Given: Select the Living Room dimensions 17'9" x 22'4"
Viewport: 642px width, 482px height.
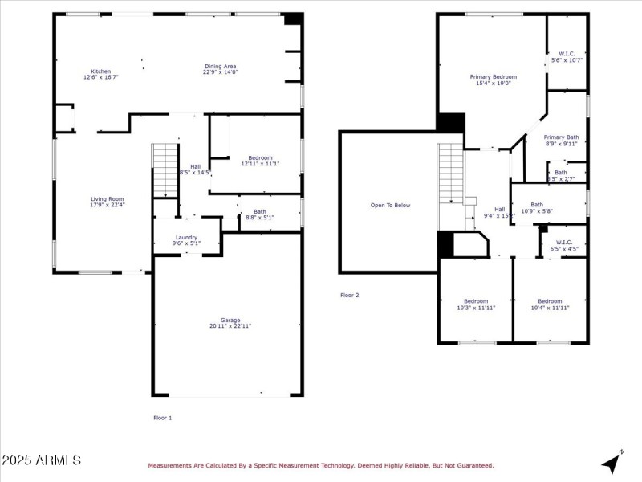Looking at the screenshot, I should tap(107, 205).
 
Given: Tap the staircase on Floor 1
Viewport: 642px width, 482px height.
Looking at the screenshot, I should tap(165, 169).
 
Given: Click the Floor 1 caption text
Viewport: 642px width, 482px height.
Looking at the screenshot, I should tap(162, 418).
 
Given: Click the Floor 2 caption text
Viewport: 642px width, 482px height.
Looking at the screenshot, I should tap(349, 295).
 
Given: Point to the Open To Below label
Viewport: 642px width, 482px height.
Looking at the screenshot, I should tap(390, 205).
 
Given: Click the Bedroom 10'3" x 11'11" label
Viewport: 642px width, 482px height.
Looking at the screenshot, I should tap(475, 304).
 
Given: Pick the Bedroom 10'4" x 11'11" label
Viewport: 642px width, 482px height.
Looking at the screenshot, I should tap(550, 304).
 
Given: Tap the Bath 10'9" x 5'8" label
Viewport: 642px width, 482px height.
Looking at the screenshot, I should tap(537, 207).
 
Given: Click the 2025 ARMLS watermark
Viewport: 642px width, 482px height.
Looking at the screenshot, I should tap(41, 460).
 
